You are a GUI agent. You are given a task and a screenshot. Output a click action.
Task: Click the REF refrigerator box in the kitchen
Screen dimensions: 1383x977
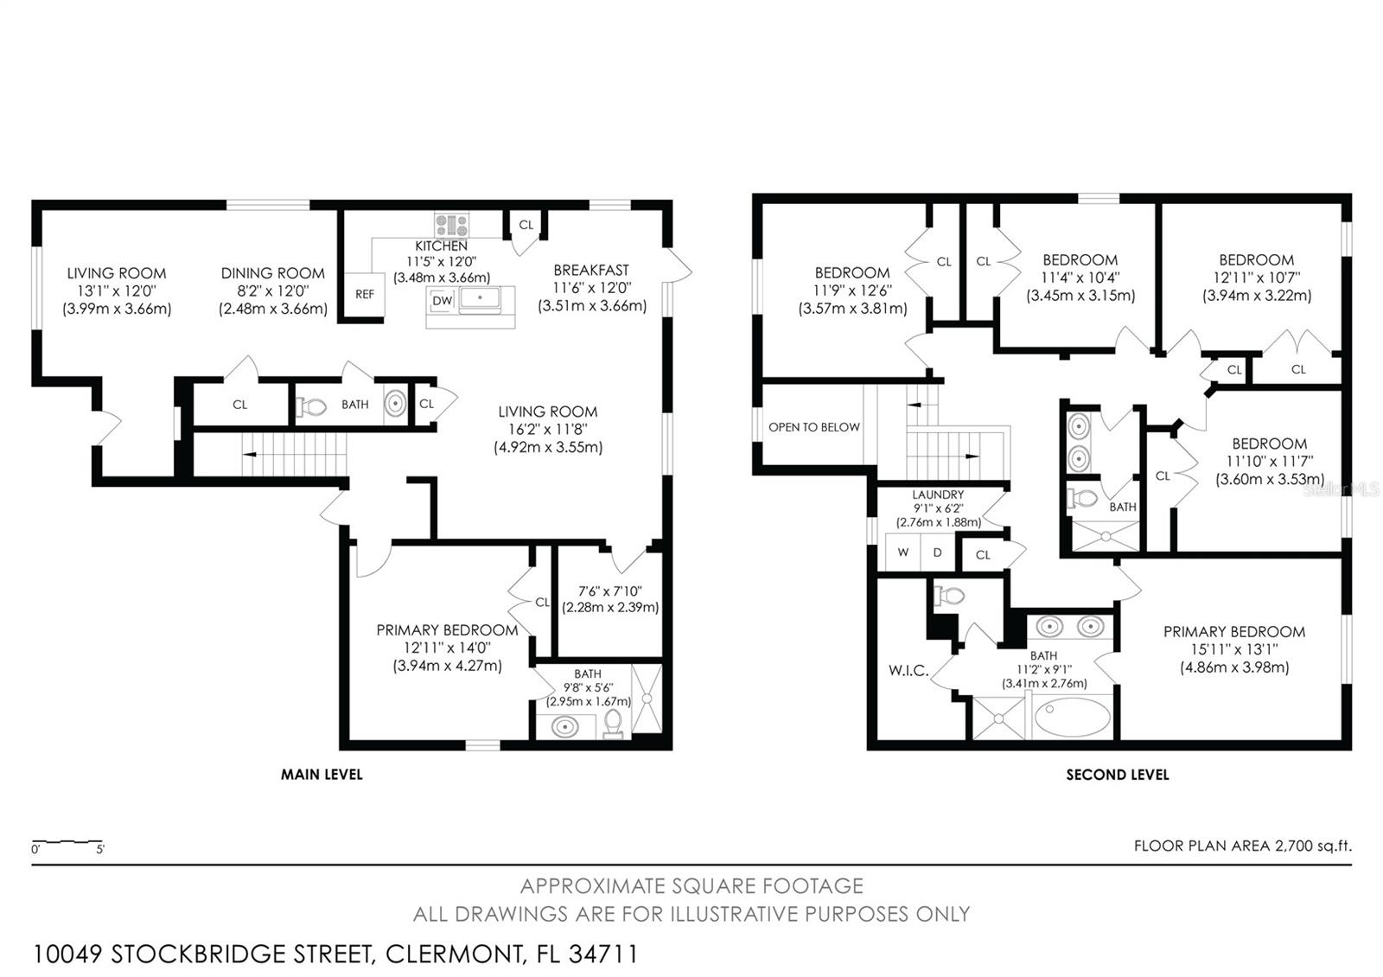pyautogui.click(x=364, y=295)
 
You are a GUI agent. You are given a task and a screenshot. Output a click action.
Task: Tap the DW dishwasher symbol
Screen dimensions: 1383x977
pyautogui.click(x=442, y=301)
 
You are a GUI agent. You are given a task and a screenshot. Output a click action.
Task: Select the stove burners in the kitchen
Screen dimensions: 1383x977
pyautogui.click(x=452, y=225)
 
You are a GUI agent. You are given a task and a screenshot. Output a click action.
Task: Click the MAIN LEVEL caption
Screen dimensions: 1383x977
pyautogui.click(x=322, y=775)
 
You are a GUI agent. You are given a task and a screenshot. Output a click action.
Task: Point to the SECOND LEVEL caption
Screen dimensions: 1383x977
pyautogui.click(x=1118, y=775)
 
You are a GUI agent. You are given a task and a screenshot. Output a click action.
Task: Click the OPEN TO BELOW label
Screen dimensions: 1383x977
pyautogui.click(x=813, y=427)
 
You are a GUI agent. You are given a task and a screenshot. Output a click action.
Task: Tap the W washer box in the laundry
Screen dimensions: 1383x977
pyautogui.click(x=902, y=552)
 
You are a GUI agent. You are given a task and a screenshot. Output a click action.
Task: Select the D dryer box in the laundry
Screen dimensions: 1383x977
pyautogui.click(x=937, y=552)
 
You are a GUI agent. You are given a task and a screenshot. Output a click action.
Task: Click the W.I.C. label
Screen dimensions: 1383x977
pyautogui.click(x=908, y=671)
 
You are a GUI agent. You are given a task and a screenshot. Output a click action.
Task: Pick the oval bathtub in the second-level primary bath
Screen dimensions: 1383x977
pyautogui.click(x=1073, y=717)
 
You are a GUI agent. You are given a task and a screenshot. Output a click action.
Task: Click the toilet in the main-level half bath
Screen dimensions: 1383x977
pyautogui.click(x=312, y=406)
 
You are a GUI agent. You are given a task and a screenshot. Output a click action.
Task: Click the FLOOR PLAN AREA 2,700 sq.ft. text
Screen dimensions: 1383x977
pyautogui.click(x=1243, y=846)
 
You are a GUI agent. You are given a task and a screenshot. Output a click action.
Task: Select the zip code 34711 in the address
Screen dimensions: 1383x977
pyautogui.click(x=603, y=955)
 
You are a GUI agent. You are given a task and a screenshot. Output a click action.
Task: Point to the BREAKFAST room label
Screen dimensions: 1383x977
pyautogui.click(x=591, y=270)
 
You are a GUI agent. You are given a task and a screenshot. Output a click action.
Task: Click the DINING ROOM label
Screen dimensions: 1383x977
pyautogui.click(x=273, y=273)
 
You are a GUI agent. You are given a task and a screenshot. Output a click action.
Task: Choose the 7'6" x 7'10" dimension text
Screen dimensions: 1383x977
pyautogui.click(x=610, y=591)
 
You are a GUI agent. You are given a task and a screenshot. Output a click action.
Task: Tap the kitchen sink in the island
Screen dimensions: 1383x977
pyautogui.click(x=480, y=297)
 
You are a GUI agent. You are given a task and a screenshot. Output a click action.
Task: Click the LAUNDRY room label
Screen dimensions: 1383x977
pyautogui.click(x=938, y=495)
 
